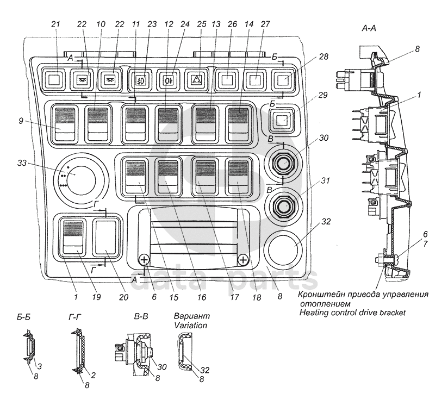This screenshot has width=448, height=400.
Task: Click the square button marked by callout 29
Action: (281, 120)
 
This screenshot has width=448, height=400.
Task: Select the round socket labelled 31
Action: (283, 205)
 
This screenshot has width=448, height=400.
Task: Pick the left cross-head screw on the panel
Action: (144, 260)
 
